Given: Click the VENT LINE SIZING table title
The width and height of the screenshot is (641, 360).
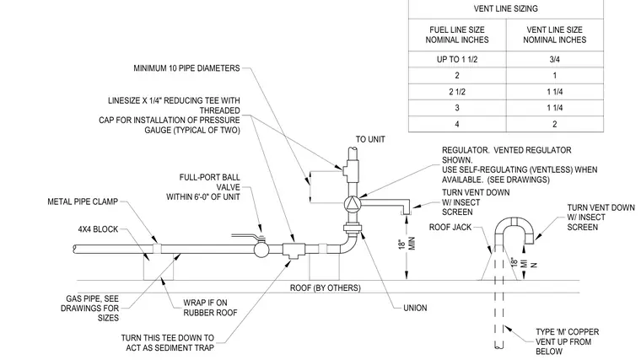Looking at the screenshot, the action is [x=506, y=8].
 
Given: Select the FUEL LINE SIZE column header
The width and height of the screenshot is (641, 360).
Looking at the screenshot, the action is [x=457, y=35].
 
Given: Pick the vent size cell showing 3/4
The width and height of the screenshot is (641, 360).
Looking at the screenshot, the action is [x=554, y=59].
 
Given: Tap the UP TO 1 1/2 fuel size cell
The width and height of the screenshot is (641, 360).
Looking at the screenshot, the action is [x=457, y=59].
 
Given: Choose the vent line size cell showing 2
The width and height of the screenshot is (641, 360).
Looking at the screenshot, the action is [x=555, y=124].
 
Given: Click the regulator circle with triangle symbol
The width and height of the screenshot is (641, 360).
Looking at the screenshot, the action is [x=352, y=203].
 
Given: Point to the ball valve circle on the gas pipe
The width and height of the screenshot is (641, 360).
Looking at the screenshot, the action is [x=261, y=250].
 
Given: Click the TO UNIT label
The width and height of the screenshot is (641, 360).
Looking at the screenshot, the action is [x=370, y=139].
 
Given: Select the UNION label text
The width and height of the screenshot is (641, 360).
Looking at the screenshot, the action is [x=415, y=308].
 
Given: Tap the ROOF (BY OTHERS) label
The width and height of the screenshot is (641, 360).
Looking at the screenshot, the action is [x=326, y=287].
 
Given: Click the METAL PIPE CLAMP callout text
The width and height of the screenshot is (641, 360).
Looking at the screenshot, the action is [x=83, y=201].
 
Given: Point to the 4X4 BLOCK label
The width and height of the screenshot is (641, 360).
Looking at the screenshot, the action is [x=98, y=229].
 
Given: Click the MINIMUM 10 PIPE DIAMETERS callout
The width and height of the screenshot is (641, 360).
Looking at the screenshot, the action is [x=187, y=68].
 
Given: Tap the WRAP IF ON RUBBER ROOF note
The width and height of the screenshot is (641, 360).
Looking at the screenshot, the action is [x=210, y=308].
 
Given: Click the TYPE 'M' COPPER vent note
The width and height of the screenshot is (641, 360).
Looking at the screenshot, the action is [x=567, y=341].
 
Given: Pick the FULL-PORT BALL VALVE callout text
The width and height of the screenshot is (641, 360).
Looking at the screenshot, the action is [x=203, y=187].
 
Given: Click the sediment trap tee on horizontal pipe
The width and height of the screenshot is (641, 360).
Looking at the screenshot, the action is [x=294, y=250].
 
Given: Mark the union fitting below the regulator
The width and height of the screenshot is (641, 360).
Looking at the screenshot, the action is [x=353, y=228].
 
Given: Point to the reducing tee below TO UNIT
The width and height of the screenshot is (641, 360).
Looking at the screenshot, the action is [x=350, y=169].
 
